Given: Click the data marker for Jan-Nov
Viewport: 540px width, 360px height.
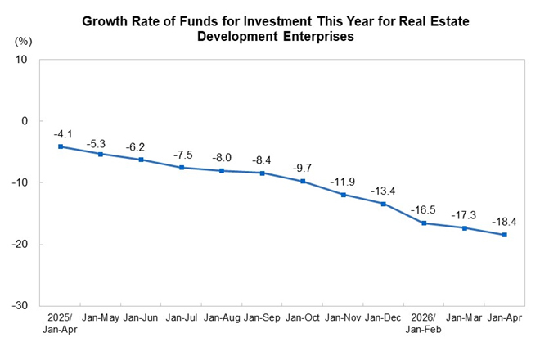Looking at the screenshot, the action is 344,195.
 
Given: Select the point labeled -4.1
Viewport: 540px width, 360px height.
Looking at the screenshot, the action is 61,146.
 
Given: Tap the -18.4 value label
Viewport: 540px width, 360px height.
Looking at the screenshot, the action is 504,222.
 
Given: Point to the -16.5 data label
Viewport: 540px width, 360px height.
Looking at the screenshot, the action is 423,209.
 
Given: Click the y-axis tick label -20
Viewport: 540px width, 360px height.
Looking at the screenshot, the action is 20,244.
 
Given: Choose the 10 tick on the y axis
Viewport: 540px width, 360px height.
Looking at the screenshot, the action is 20,59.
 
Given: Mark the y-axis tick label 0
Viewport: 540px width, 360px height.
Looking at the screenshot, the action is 24,121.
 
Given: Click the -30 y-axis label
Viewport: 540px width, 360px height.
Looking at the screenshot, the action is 20,305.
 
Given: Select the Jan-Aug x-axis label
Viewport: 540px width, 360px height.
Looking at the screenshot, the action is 222,317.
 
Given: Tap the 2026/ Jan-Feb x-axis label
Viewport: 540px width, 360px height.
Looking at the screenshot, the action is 423,323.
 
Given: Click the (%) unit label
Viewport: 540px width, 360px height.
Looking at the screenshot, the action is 23,42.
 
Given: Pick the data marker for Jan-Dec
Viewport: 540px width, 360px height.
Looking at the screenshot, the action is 384,204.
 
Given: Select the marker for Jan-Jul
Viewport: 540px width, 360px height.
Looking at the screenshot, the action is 182,168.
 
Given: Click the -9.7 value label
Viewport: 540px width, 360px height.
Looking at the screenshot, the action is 302,168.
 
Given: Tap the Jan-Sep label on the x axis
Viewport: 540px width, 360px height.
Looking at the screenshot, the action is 262,317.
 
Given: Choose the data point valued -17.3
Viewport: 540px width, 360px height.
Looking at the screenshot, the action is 465,228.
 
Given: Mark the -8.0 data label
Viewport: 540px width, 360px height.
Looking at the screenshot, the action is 222,157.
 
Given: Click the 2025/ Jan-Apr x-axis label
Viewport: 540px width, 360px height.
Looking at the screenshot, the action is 60,323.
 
